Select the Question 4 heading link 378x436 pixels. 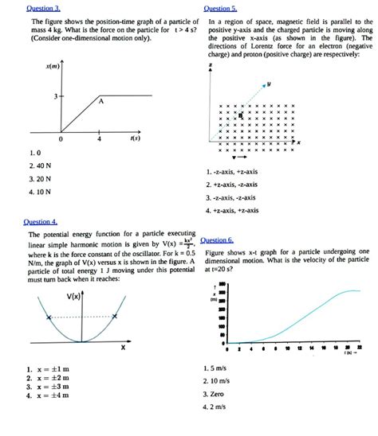coord(41,222)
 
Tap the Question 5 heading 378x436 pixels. coord(221,6)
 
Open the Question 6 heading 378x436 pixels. coord(217,239)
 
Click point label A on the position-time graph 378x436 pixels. coord(101,102)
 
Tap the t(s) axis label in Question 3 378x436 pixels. coord(135,138)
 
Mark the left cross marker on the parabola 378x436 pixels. coord(49,317)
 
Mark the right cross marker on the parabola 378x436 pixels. coord(115,317)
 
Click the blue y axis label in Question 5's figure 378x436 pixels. coord(269,83)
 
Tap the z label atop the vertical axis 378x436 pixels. coord(211,65)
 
